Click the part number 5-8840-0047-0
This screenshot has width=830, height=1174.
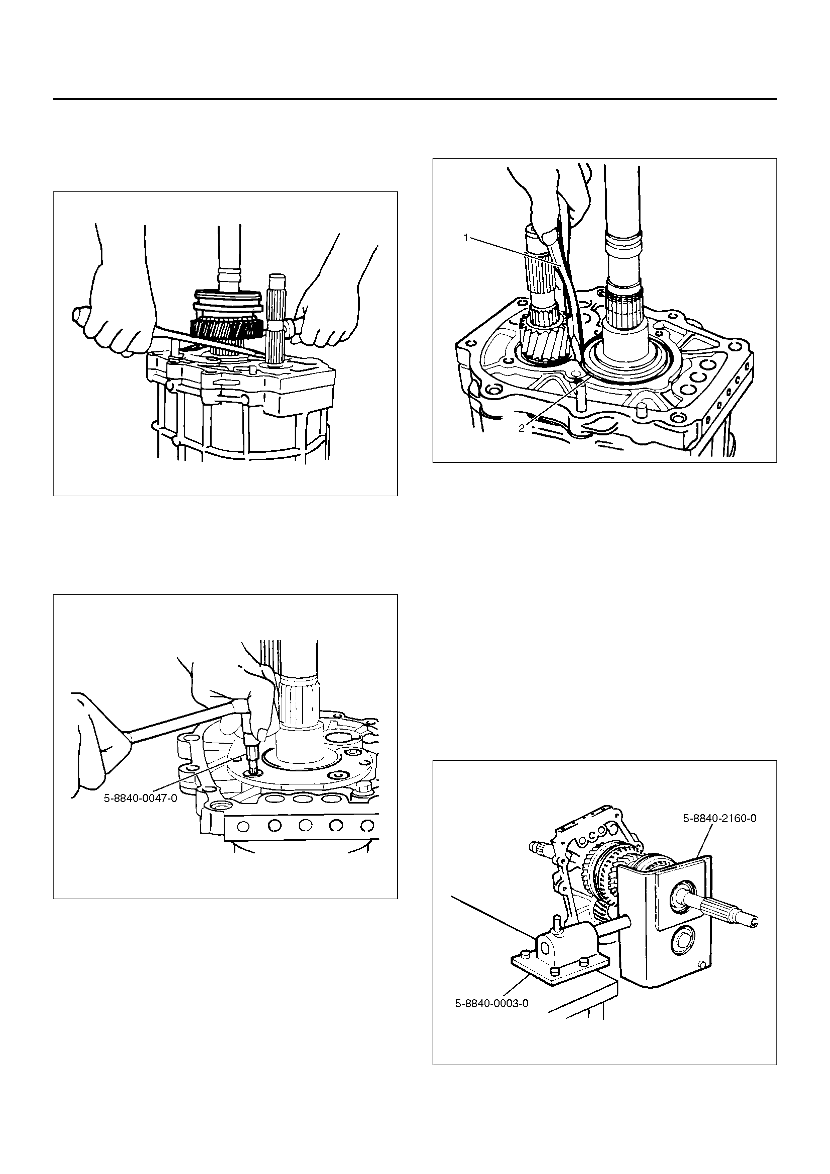click(x=141, y=798)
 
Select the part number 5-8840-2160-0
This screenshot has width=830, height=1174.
click(x=720, y=818)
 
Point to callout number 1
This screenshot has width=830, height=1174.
click(x=466, y=237)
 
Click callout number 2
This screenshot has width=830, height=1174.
click(x=521, y=428)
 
